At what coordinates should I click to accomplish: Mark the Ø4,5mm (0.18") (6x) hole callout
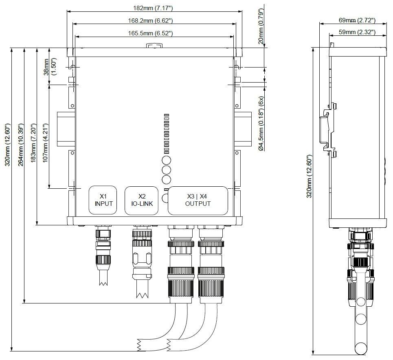pyautogui.click(x=261, y=124)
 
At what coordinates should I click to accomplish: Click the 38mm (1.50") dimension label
pyautogui.click(x=49, y=67)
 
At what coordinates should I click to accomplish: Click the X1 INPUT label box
pyautogui.click(x=103, y=200)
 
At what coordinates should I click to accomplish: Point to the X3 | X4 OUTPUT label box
pyautogui.click(x=198, y=200)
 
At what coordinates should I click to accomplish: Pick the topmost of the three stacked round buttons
pyautogui.click(x=166, y=160)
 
